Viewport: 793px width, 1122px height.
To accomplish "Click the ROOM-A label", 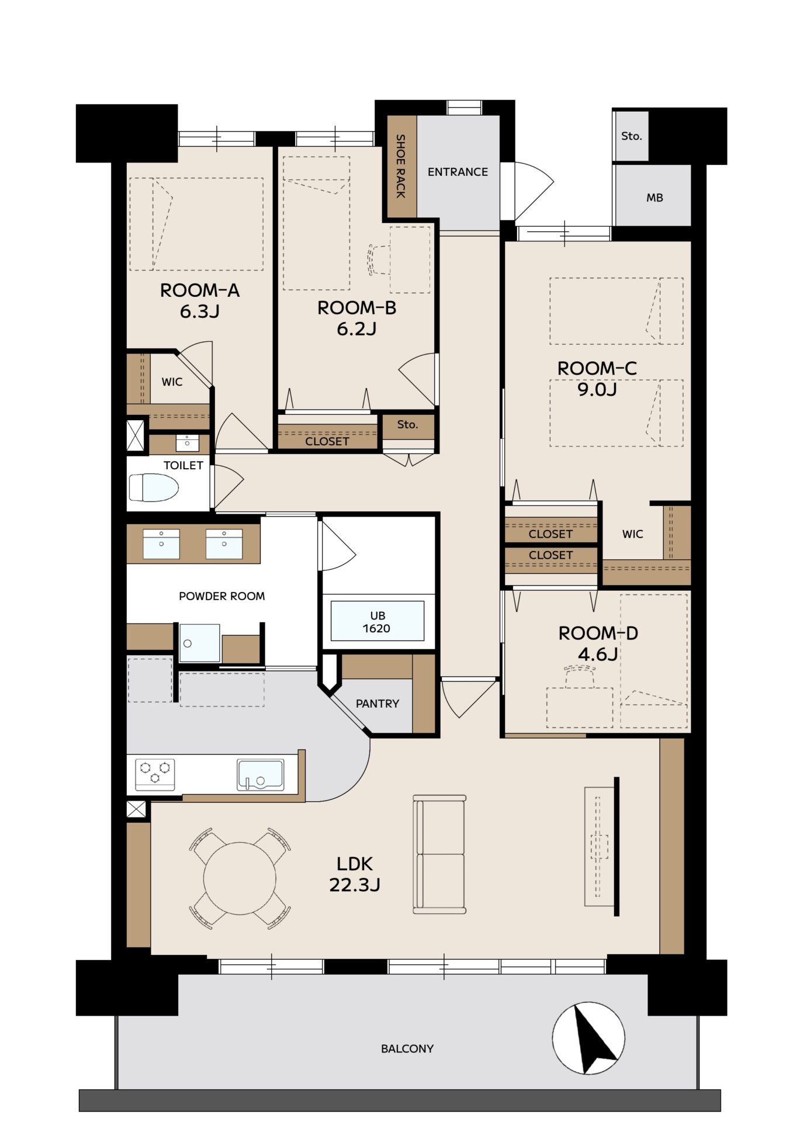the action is tap(200, 290).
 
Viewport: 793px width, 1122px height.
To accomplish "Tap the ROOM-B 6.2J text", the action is tap(356, 318).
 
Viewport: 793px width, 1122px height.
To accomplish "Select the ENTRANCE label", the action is tap(458, 172).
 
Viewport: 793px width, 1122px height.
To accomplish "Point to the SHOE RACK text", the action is tap(401, 166).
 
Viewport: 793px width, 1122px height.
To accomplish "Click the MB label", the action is tap(655, 198).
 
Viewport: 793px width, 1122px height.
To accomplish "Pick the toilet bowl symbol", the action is tap(153, 487).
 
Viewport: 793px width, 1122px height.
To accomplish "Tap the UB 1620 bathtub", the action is tap(378, 621).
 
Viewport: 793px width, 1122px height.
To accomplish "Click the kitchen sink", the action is tap(261, 775).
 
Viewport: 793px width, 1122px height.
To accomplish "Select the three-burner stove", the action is tap(155, 774).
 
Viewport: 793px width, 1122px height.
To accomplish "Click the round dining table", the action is tap(240, 878).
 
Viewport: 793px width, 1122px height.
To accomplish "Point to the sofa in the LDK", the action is tap(439, 854).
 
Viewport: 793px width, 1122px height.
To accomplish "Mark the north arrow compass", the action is tap(588, 1038).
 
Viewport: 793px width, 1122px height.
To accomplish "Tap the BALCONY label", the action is tap(407, 1049).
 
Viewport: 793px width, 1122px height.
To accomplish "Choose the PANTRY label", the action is tap(378, 704).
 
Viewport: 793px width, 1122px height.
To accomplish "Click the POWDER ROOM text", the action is tap(222, 596).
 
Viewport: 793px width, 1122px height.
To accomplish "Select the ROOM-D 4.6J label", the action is tap(598, 643).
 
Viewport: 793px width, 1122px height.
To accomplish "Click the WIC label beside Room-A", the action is tap(172, 382).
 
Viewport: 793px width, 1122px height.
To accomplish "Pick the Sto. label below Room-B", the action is tap(407, 424).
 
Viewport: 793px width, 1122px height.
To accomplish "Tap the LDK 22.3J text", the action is tap(355, 874).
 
